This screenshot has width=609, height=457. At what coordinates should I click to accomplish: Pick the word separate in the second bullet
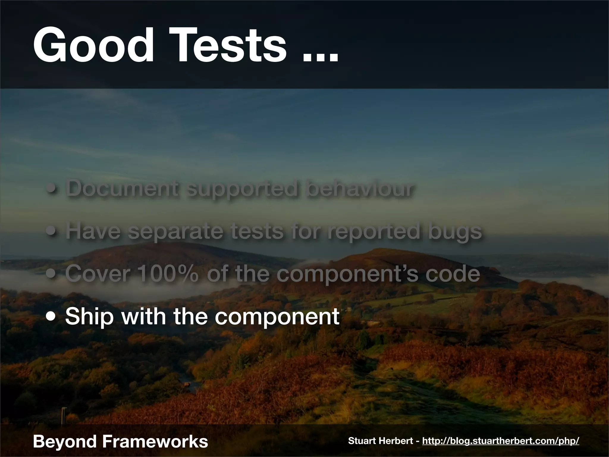click(x=175, y=231)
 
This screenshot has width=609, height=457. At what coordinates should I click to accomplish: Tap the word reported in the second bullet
click(x=373, y=231)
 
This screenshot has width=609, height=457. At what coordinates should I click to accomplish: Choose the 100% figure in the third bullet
click(x=168, y=274)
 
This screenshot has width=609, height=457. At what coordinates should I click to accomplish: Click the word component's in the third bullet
click(x=347, y=274)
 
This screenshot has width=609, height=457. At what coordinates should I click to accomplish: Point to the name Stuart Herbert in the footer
click(x=381, y=441)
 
